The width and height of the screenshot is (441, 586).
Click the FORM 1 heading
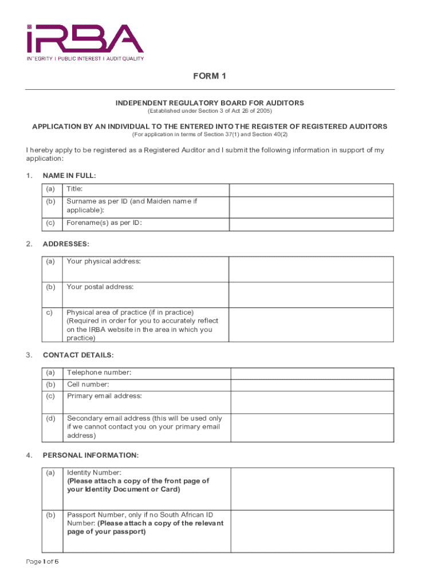pyautogui.click(x=210, y=77)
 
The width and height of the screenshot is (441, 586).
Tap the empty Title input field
pyautogui.click(x=311, y=190)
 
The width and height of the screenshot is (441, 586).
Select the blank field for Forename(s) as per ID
pyautogui.click(x=311, y=224)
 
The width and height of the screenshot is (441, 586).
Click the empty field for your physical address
pyautogui.click(x=311, y=269)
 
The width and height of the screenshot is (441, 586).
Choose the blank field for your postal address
pyautogui.click(x=311, y=295)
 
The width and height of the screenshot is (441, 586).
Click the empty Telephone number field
pyautogui.click(x=312, y=373)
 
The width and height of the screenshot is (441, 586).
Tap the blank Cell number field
pyautogui.click(x=312, y=385)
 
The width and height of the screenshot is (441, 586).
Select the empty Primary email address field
pyautogui.click(x=312, y=402)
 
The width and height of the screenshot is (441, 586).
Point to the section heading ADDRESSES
pyautogui.click(x=66, y=244)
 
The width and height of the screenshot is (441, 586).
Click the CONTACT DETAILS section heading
pyautogui.click(x=78, y=355)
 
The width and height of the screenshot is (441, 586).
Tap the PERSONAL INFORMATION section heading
pyautogui.click(x=90, y=456)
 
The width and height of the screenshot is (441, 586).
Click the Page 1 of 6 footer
pyautogui.click(x=42, y=561)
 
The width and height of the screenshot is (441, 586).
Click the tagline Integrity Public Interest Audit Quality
pyautogui.click(x=85, y=58)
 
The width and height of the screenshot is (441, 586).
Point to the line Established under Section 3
pyautogui.click(x=210, y=110)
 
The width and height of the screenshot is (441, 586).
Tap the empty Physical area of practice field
pyautogui.click(x=311, y=325)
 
